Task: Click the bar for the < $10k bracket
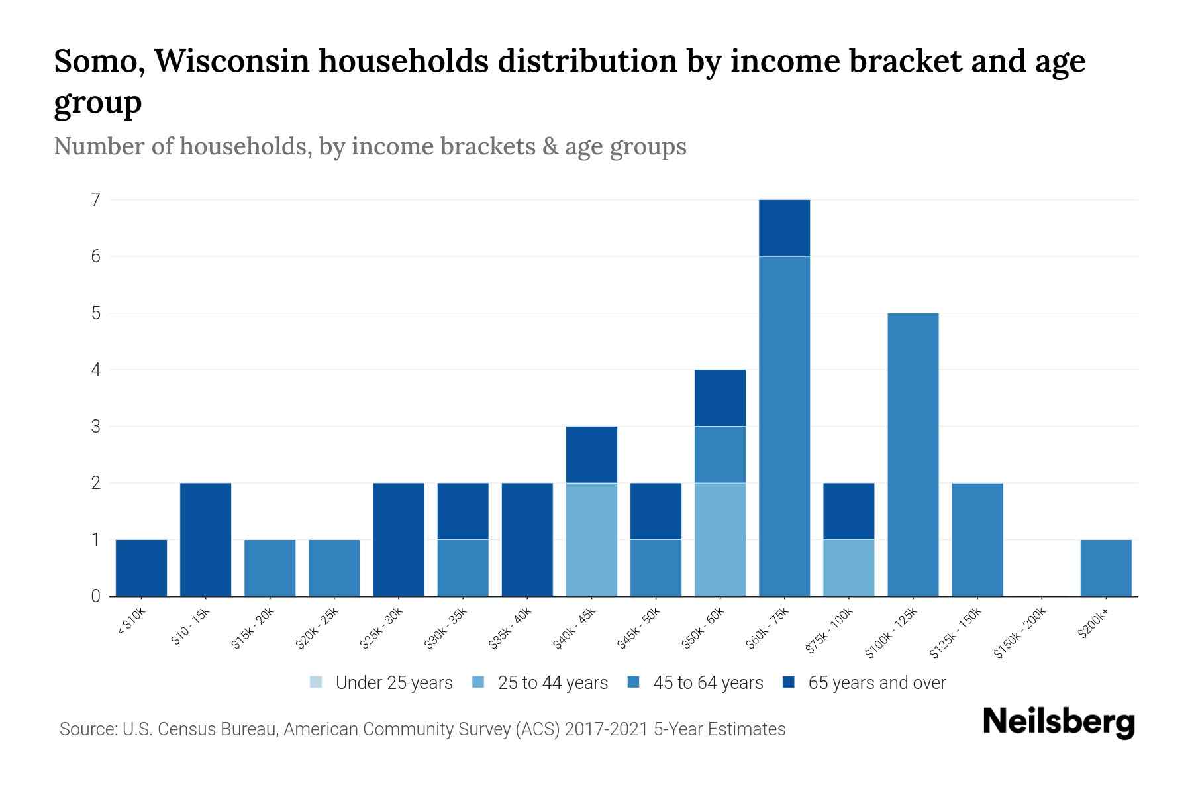click(x=141, y=568)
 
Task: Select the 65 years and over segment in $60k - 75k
click(x=784, y=228)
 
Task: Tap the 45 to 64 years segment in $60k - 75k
click(x=784, y=426)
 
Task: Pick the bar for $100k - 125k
click(x=913, y=454)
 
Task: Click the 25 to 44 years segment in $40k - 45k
click(x=591, y=539)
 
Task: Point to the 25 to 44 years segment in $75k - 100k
click(x=848, y=568)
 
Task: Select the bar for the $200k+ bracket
click(x=1105, y=568)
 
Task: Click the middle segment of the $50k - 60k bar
click(x=720, y=454)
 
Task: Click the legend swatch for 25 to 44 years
click(x=478, y=682)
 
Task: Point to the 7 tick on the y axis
click(x=95, y=199)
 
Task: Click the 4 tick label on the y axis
click(x=95, y=370)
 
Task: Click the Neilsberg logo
click(x=1058, y=723)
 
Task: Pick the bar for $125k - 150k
click(x=977, y=539)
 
